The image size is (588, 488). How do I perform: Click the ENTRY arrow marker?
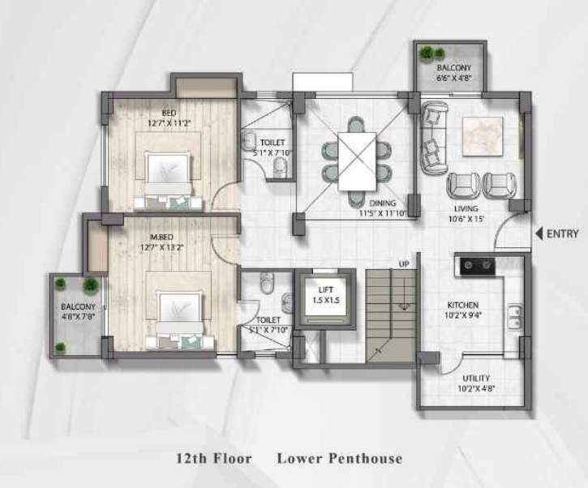[x=539, y=234]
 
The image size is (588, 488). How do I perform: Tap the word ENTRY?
[x=563, y=234]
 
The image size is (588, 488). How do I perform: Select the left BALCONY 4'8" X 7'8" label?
[x=79, y=312]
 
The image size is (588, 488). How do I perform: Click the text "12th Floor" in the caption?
[x=214, y=459]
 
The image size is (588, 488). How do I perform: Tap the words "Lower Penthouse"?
[x=340, y=459]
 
